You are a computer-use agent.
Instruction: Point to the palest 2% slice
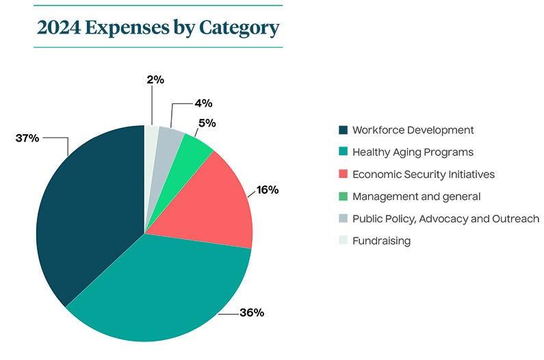coord(151,137)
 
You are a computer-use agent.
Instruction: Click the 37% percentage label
coord(27,138)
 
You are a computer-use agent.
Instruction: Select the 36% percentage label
coord(252,313)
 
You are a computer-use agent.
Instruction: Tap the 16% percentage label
coord(268,190)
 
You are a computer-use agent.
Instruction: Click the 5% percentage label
coord(207,123)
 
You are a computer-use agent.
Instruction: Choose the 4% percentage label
coord(203,103)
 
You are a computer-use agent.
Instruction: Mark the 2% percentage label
coord(155,79)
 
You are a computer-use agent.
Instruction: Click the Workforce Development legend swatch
coord(343,130)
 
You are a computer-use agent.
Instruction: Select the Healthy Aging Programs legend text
coord(413,152)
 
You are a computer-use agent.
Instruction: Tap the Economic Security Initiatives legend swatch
coord(343,175)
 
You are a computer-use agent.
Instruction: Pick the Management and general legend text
coord(416,196)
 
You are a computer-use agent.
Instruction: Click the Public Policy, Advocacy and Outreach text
coord(445,219)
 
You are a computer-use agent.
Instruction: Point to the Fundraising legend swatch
coord(343,241)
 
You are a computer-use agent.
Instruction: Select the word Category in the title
coord(239,29)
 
